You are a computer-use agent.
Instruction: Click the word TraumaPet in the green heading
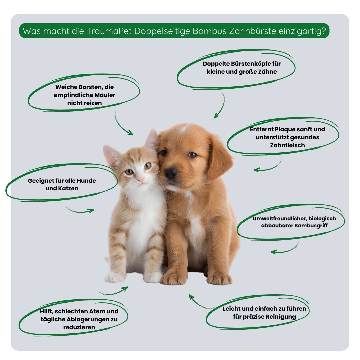click(x=109, y=31)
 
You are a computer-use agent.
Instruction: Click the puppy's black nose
click(x=171, y=173)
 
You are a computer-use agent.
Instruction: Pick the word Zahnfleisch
click(x=287, y=145)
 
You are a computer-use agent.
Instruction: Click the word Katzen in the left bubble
click(x=68, y=188)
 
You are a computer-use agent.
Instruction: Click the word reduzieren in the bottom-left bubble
click(x=79, y=327)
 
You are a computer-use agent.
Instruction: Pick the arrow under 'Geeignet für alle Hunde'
click(x=78, y=210)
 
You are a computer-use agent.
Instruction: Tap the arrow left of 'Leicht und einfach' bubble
click(x=198, y=303)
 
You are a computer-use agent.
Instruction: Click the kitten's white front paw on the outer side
click(x=115, y=277)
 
